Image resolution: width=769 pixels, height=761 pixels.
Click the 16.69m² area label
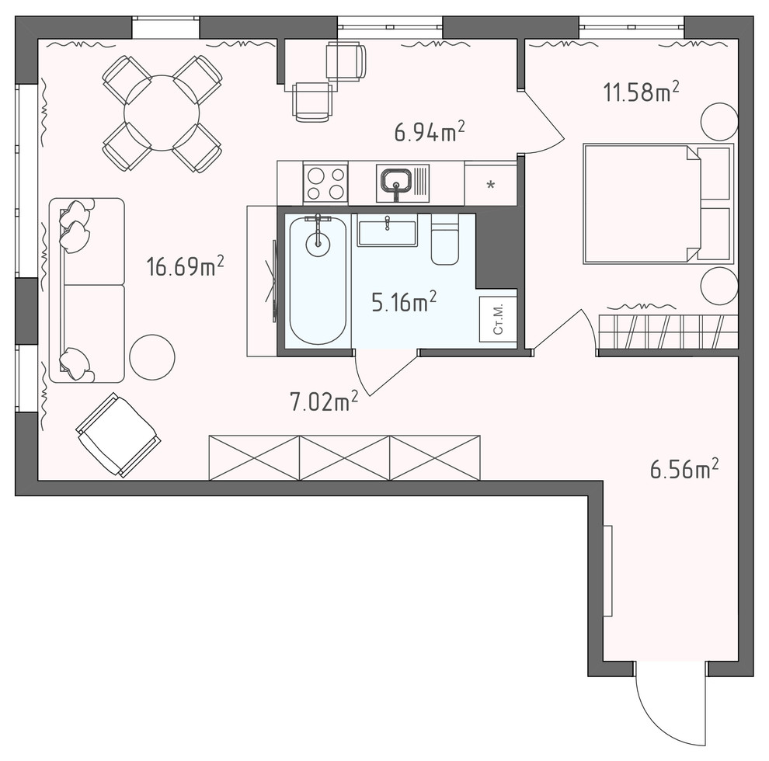coord(186,266)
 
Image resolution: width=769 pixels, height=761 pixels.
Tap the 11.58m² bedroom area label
coord(641,92)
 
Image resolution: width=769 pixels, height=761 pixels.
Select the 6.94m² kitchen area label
coord(430,132)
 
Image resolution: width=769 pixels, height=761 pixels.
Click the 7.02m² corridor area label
coord(324,401)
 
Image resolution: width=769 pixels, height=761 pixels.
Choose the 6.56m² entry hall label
coord(684,469)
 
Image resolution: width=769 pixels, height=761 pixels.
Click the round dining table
coord(162,113)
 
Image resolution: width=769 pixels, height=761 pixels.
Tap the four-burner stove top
coord(325,183)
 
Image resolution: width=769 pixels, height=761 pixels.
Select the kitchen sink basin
coord(397,180)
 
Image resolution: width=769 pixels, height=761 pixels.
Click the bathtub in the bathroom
coord(318,281)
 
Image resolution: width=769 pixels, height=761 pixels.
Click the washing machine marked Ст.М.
coord(497,319)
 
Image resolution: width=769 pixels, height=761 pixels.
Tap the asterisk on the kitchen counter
coord(490,186)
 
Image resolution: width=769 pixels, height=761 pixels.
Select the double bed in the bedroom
coord(658,204)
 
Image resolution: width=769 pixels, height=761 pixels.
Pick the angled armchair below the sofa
coord(118,435)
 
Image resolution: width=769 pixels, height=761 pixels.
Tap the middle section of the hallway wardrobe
coord(345,457)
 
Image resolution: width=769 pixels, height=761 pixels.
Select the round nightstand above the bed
coord(719,121)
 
